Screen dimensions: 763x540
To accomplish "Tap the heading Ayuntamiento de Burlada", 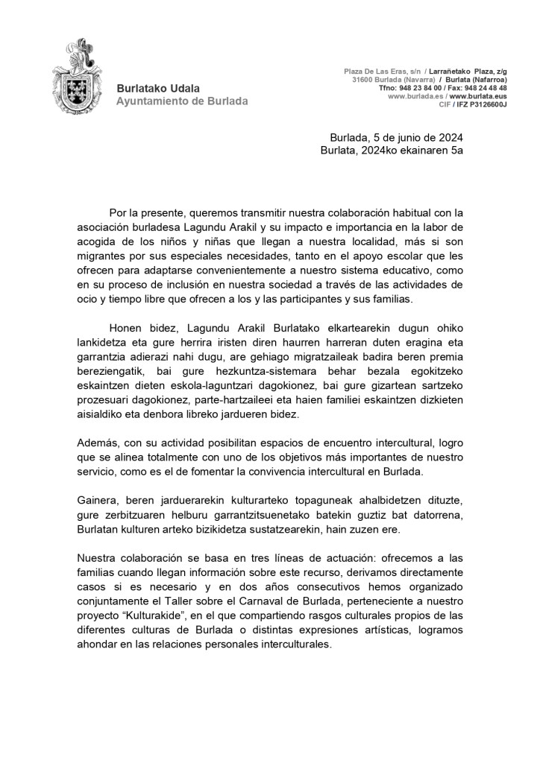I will [182, 101].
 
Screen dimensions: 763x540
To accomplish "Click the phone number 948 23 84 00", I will [421, 88].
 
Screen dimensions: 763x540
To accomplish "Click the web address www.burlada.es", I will [416, 96].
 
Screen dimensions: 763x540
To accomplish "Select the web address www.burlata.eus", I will [478, 96].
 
